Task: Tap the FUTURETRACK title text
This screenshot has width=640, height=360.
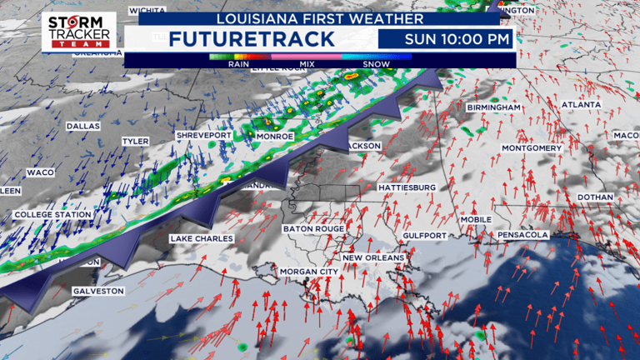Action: click(251, 38)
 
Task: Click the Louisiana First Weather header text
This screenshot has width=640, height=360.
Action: click(319, 17)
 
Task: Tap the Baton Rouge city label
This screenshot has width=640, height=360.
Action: click(313, 228)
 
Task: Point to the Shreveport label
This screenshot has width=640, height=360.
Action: click(202, 134)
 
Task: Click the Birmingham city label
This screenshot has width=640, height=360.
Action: click(493, 108)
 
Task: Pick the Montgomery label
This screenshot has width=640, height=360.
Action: click(532, 148)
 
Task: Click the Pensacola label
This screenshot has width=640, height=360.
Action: click(522, 235)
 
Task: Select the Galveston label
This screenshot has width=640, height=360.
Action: click(97, 291)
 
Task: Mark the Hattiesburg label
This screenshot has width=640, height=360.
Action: click(407, 188)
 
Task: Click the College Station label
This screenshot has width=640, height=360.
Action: click(52, 215)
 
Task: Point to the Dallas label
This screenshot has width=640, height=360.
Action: click(82, 126)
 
